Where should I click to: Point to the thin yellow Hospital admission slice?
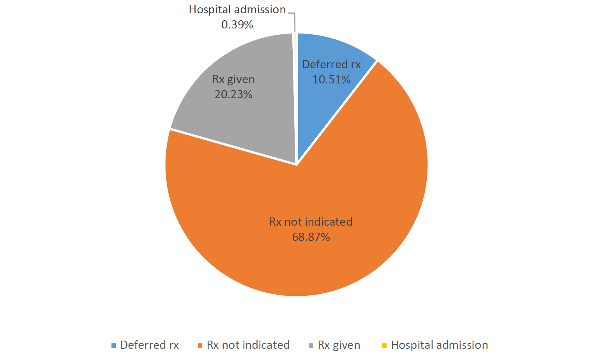[x=295, y=78]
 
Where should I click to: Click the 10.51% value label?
[x=331, y=80]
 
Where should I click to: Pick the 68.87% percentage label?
[x=311, y=237]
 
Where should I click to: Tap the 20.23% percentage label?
[x=233, y=94]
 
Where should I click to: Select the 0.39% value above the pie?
[x=237, y=25]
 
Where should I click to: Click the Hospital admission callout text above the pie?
[x=237, y=9]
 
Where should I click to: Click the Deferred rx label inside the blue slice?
[x=331, y=64]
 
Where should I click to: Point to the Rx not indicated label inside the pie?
[x=311, y=222]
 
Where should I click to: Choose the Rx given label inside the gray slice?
[x=233, y=79]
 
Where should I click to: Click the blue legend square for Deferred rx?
[x=114, y=345]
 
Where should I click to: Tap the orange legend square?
[x=200, y=345]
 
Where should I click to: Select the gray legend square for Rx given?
[x=311, y=345]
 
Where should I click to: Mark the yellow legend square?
[x=384, y=345]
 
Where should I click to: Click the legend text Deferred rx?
[x=150, y=345]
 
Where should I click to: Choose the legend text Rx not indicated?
[x=248, y=345]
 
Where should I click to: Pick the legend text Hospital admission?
[x=439, y=345]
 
